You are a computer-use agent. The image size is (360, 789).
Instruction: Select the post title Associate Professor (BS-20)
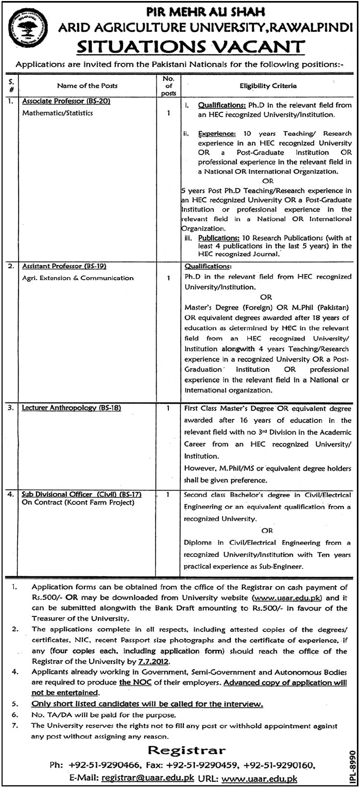66,101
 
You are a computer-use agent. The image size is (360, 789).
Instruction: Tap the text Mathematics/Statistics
58,113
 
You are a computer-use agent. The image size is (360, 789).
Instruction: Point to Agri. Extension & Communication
78,278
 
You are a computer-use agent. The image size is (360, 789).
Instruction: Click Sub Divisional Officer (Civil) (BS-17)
81,494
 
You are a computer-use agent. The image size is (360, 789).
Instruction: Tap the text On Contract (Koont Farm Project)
78,502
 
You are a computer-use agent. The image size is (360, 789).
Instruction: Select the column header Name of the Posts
87,85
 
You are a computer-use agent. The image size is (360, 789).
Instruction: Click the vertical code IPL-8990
352,765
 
